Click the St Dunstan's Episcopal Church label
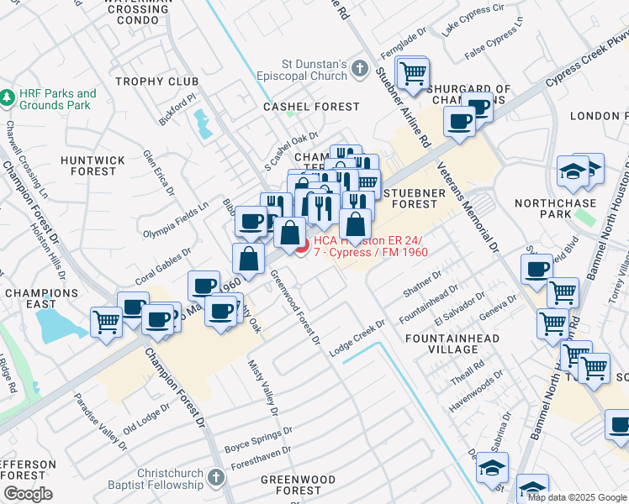click(x=314, y=69)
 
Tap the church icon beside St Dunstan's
click(x=360, y=69)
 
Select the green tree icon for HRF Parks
click(x=8, y=98)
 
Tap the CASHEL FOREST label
click(x=299, y=108)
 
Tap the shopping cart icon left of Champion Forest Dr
click(x=107, y=322)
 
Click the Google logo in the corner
click(x=29, y=493)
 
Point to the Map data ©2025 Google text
click(x=576, y=497)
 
